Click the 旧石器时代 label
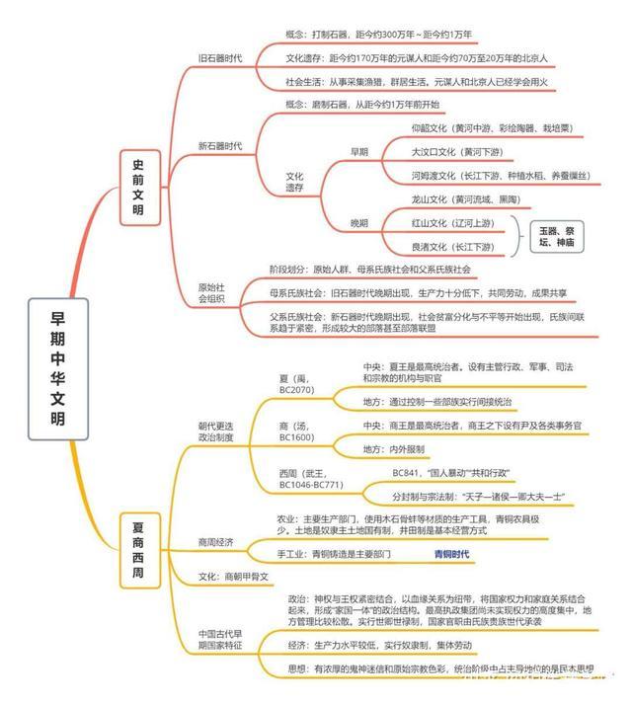point(219,57)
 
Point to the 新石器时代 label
point(219,146)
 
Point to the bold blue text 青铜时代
point(452,555)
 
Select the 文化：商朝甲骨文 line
point(233,576)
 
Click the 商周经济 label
point(218,542)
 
